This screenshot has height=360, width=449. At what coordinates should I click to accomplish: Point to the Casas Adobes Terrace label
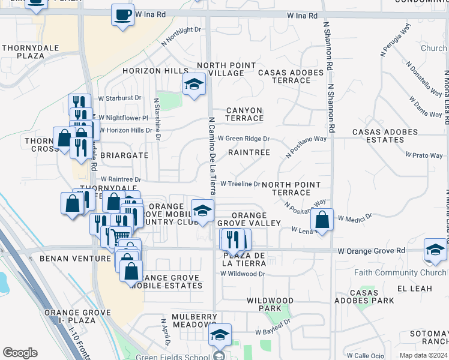click(291, 76)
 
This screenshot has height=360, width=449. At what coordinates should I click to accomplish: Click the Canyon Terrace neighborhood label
click(245, 114)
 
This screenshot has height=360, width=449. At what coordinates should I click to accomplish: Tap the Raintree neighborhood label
click(249, 153)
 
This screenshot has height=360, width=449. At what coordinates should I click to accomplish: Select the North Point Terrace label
click(291, 188)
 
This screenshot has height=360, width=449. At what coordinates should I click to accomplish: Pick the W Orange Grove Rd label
click(372, 250)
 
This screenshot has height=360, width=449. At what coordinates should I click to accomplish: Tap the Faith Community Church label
click(409, 272)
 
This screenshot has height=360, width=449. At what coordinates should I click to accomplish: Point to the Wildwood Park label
click(270, 304)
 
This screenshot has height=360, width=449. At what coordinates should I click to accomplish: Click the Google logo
click(20, 353)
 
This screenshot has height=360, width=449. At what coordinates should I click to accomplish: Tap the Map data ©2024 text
click(423, 355)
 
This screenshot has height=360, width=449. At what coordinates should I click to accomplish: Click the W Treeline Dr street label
click(240, 184)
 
